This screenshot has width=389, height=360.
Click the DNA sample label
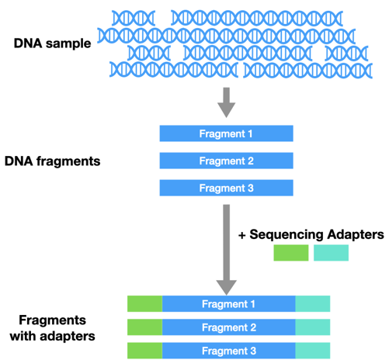[x=53, y=43]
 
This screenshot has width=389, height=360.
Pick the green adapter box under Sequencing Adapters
[x=290, y=253]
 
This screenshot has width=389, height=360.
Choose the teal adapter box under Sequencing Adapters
[x=332, y=253]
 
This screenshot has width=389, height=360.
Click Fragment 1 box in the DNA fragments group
[x=226, y=133]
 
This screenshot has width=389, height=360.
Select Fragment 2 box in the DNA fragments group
[x=226, y=161]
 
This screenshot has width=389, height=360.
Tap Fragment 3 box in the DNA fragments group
[x=226, y=188]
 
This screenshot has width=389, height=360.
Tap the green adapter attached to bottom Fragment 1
[x=144, y=303]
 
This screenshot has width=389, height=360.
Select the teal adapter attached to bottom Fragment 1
[x=313, y=303]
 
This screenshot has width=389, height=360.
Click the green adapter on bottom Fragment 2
[x=144, y=327]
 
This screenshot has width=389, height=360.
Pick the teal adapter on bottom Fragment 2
[x=313, y=327]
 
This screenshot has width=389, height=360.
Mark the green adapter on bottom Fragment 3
[x=144, y=350]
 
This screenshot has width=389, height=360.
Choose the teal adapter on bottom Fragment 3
[x=313, y=350]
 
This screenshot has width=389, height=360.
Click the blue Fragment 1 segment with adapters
[x=228, y=303]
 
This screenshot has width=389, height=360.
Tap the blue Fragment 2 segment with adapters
[x=228, y=327]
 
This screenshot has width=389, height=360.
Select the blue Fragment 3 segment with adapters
[x=228, y=350]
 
